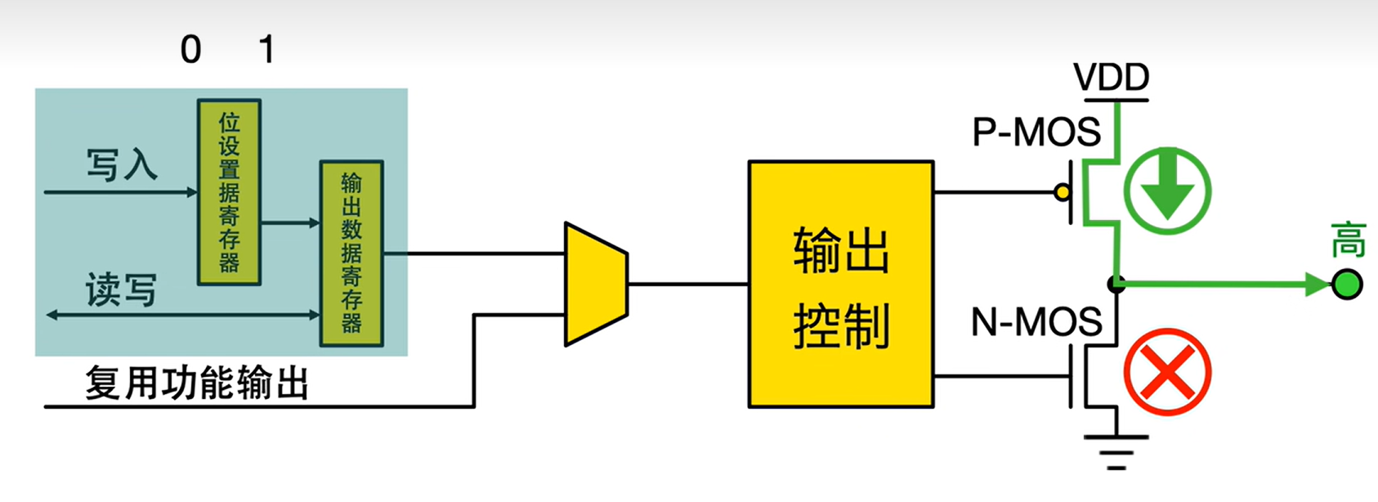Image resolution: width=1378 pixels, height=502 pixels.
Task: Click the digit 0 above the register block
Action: click(191, 51)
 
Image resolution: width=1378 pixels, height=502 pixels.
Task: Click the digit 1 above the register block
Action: click(266, 51)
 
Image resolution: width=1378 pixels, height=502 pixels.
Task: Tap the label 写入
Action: click(122, 164)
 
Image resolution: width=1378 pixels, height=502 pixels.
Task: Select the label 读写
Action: click(121, 290)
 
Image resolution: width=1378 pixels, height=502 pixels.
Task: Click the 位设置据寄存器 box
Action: click(230, 192)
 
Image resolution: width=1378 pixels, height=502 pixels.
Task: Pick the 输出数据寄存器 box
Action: click(351, 253)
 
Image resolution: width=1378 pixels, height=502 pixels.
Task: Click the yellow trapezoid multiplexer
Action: click(596, 284)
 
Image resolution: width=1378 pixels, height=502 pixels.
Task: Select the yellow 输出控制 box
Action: click(841, 284)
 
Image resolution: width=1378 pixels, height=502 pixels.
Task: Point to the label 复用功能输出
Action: click(197, 383)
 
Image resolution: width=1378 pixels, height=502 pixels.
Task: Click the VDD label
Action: click(1111, 78)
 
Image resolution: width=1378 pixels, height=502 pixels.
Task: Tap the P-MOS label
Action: click(1036, 132)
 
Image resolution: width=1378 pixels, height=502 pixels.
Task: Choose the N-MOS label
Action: click(1036, 323)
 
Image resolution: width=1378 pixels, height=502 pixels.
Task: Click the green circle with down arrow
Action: click(1167, 190)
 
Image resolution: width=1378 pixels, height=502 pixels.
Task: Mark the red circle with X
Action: click(1167, 372)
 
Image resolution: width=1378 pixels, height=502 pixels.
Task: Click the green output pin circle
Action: click(1347, 285)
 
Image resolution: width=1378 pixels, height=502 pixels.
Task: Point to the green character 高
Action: click(1348, 240)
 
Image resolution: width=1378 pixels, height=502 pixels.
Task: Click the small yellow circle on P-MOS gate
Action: click(1062, 193)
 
